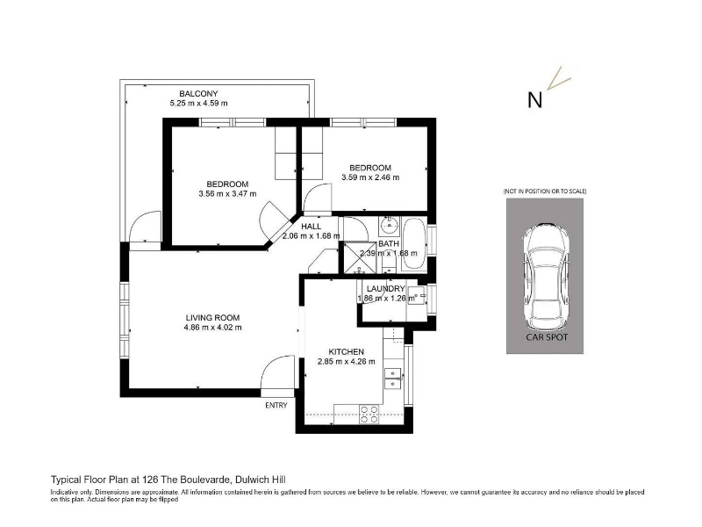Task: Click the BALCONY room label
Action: tap(198, 94)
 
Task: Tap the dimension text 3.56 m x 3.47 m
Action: tap(227, 194)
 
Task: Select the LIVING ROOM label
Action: tap(212, 318)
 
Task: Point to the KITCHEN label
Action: tap(346, 352)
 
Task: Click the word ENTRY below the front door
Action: tap(276, 405)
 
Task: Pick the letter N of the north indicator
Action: tap(534, 99)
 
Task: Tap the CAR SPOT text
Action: tap(547, 337)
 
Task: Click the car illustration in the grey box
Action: tap(546, 277)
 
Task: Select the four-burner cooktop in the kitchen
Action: tap(369, 415)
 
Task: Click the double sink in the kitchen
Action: tap(392, 379)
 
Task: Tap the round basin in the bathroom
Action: tap(389, 225)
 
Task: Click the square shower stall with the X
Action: tap(360, 256)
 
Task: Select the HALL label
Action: tap(311, 227)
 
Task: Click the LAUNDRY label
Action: tap(385, 289)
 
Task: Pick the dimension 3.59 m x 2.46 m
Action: tap(370, 177)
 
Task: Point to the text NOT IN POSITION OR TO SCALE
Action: tap(545, 191)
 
